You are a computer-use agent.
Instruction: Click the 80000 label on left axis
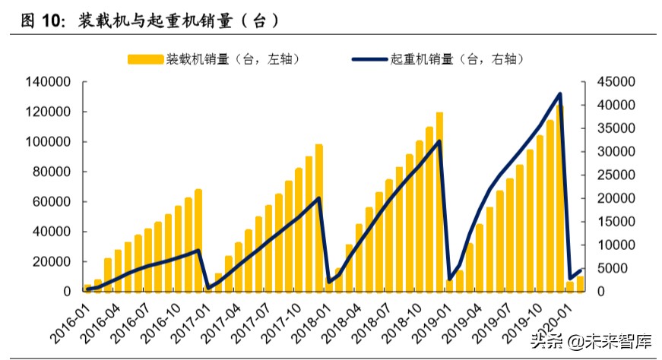(51, 172)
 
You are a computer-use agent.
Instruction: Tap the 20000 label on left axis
(51, 262)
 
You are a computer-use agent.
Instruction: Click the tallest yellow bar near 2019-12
(559, 197)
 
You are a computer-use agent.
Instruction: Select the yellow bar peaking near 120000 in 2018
(439, 201)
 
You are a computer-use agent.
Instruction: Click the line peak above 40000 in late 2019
(560, 94)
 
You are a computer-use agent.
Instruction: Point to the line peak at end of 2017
(318, 198)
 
